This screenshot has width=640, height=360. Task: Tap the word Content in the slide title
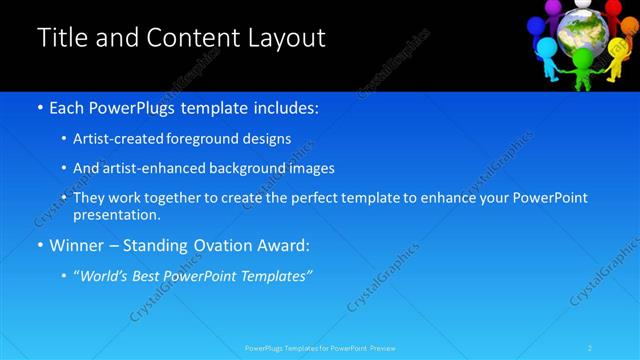click(x=186, y=39)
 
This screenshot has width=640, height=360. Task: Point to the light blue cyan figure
click(x=547, y=52)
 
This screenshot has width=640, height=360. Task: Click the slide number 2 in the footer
click(x=590, y=348)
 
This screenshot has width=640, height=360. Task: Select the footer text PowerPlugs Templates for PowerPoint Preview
click(x=320, y=348)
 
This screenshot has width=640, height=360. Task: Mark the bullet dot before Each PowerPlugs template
click(x=39, y=107)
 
